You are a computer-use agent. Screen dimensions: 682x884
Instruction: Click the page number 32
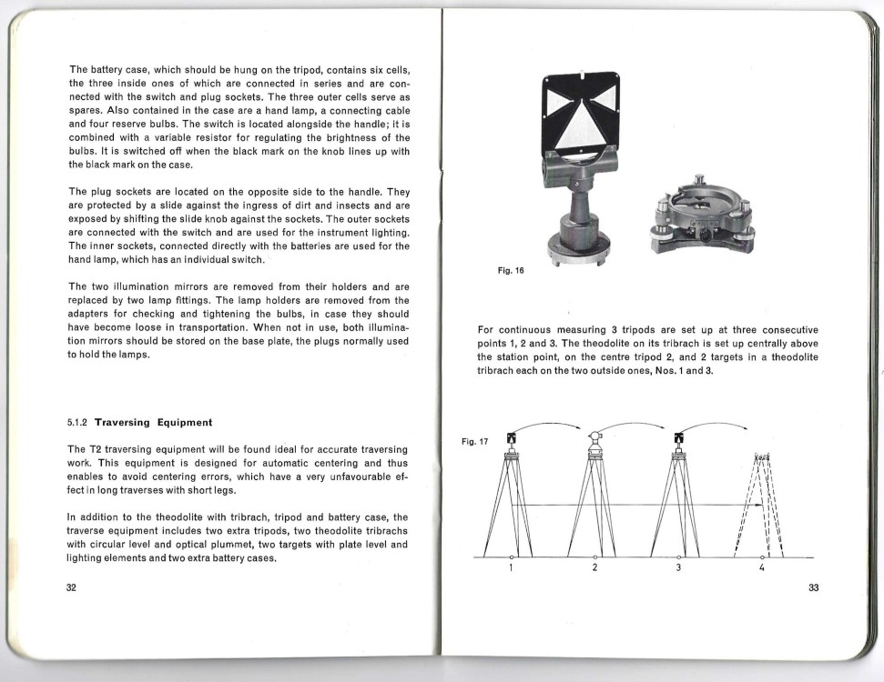point(71,587)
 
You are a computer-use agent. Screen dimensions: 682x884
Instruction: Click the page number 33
point(813,587)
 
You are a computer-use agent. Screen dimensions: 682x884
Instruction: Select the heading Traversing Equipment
point(153,423)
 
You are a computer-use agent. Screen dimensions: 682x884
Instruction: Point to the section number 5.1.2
point(78,423)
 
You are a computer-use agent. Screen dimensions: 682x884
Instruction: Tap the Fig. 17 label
point(474,442)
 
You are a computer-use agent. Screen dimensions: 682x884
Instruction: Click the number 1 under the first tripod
point(512,568)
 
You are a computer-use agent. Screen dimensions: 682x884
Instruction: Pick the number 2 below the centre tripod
point(594,568)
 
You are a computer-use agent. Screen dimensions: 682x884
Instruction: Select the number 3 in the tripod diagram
point(678,568)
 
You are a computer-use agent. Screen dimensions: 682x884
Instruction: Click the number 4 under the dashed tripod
point(761,568)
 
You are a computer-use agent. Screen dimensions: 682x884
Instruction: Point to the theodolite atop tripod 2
point(594,440)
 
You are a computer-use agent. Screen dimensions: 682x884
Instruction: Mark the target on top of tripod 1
point(512,441)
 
